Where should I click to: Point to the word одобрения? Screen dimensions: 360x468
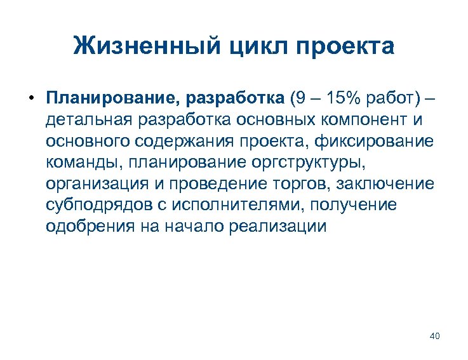point(86,227)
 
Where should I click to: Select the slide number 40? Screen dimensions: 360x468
point(434,336)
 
